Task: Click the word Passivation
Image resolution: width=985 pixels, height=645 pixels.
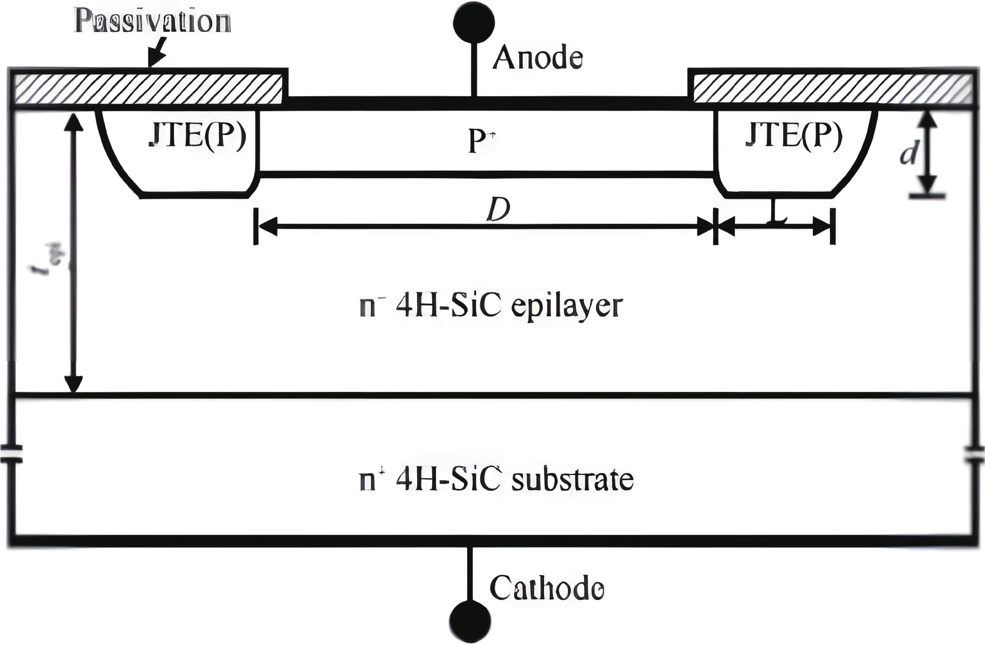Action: pyautogui.click(x=153, y=21)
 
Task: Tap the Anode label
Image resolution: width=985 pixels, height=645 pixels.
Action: pyautogui.click(x=538, y=58)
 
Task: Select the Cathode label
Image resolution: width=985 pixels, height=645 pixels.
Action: pyautogui.click(x=547, y=588)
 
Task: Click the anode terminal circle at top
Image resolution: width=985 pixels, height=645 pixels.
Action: pyautogui.click(x=473, y=21)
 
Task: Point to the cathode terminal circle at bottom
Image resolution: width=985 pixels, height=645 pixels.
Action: pyautogui.click(x=470, y=621)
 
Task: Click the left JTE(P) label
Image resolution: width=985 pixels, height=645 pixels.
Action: pyautogui.click(x=198, y=136)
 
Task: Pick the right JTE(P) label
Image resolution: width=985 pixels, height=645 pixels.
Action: pyautogui.click(x=794, y=134)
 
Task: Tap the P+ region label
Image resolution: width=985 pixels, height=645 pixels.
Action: pyautogui.click(x=480, y=141)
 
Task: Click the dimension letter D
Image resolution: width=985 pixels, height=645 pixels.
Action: pyautogui.click(x=498, y=211)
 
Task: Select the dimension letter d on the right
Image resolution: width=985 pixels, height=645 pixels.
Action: pyautogui.click(x=909, y=152)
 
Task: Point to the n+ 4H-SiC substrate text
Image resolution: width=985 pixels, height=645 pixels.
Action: pyautogui.click(x=497, y=480)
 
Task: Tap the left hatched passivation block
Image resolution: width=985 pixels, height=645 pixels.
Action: pyautogui.click(x=149, y=89)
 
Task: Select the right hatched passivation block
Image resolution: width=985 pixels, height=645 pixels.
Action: pyautogui.click(x=832, y=89)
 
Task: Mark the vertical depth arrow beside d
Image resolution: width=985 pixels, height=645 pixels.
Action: pyautogui.click(x=929, y=152)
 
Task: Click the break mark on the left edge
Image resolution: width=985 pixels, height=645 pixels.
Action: pyautogui.click(x=11, y=454)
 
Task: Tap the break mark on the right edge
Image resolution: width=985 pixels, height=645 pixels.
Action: pyautogui.click(x=974, y=454)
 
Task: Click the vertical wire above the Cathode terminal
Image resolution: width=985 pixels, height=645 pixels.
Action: pyautogui.click(x=470, y=572)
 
